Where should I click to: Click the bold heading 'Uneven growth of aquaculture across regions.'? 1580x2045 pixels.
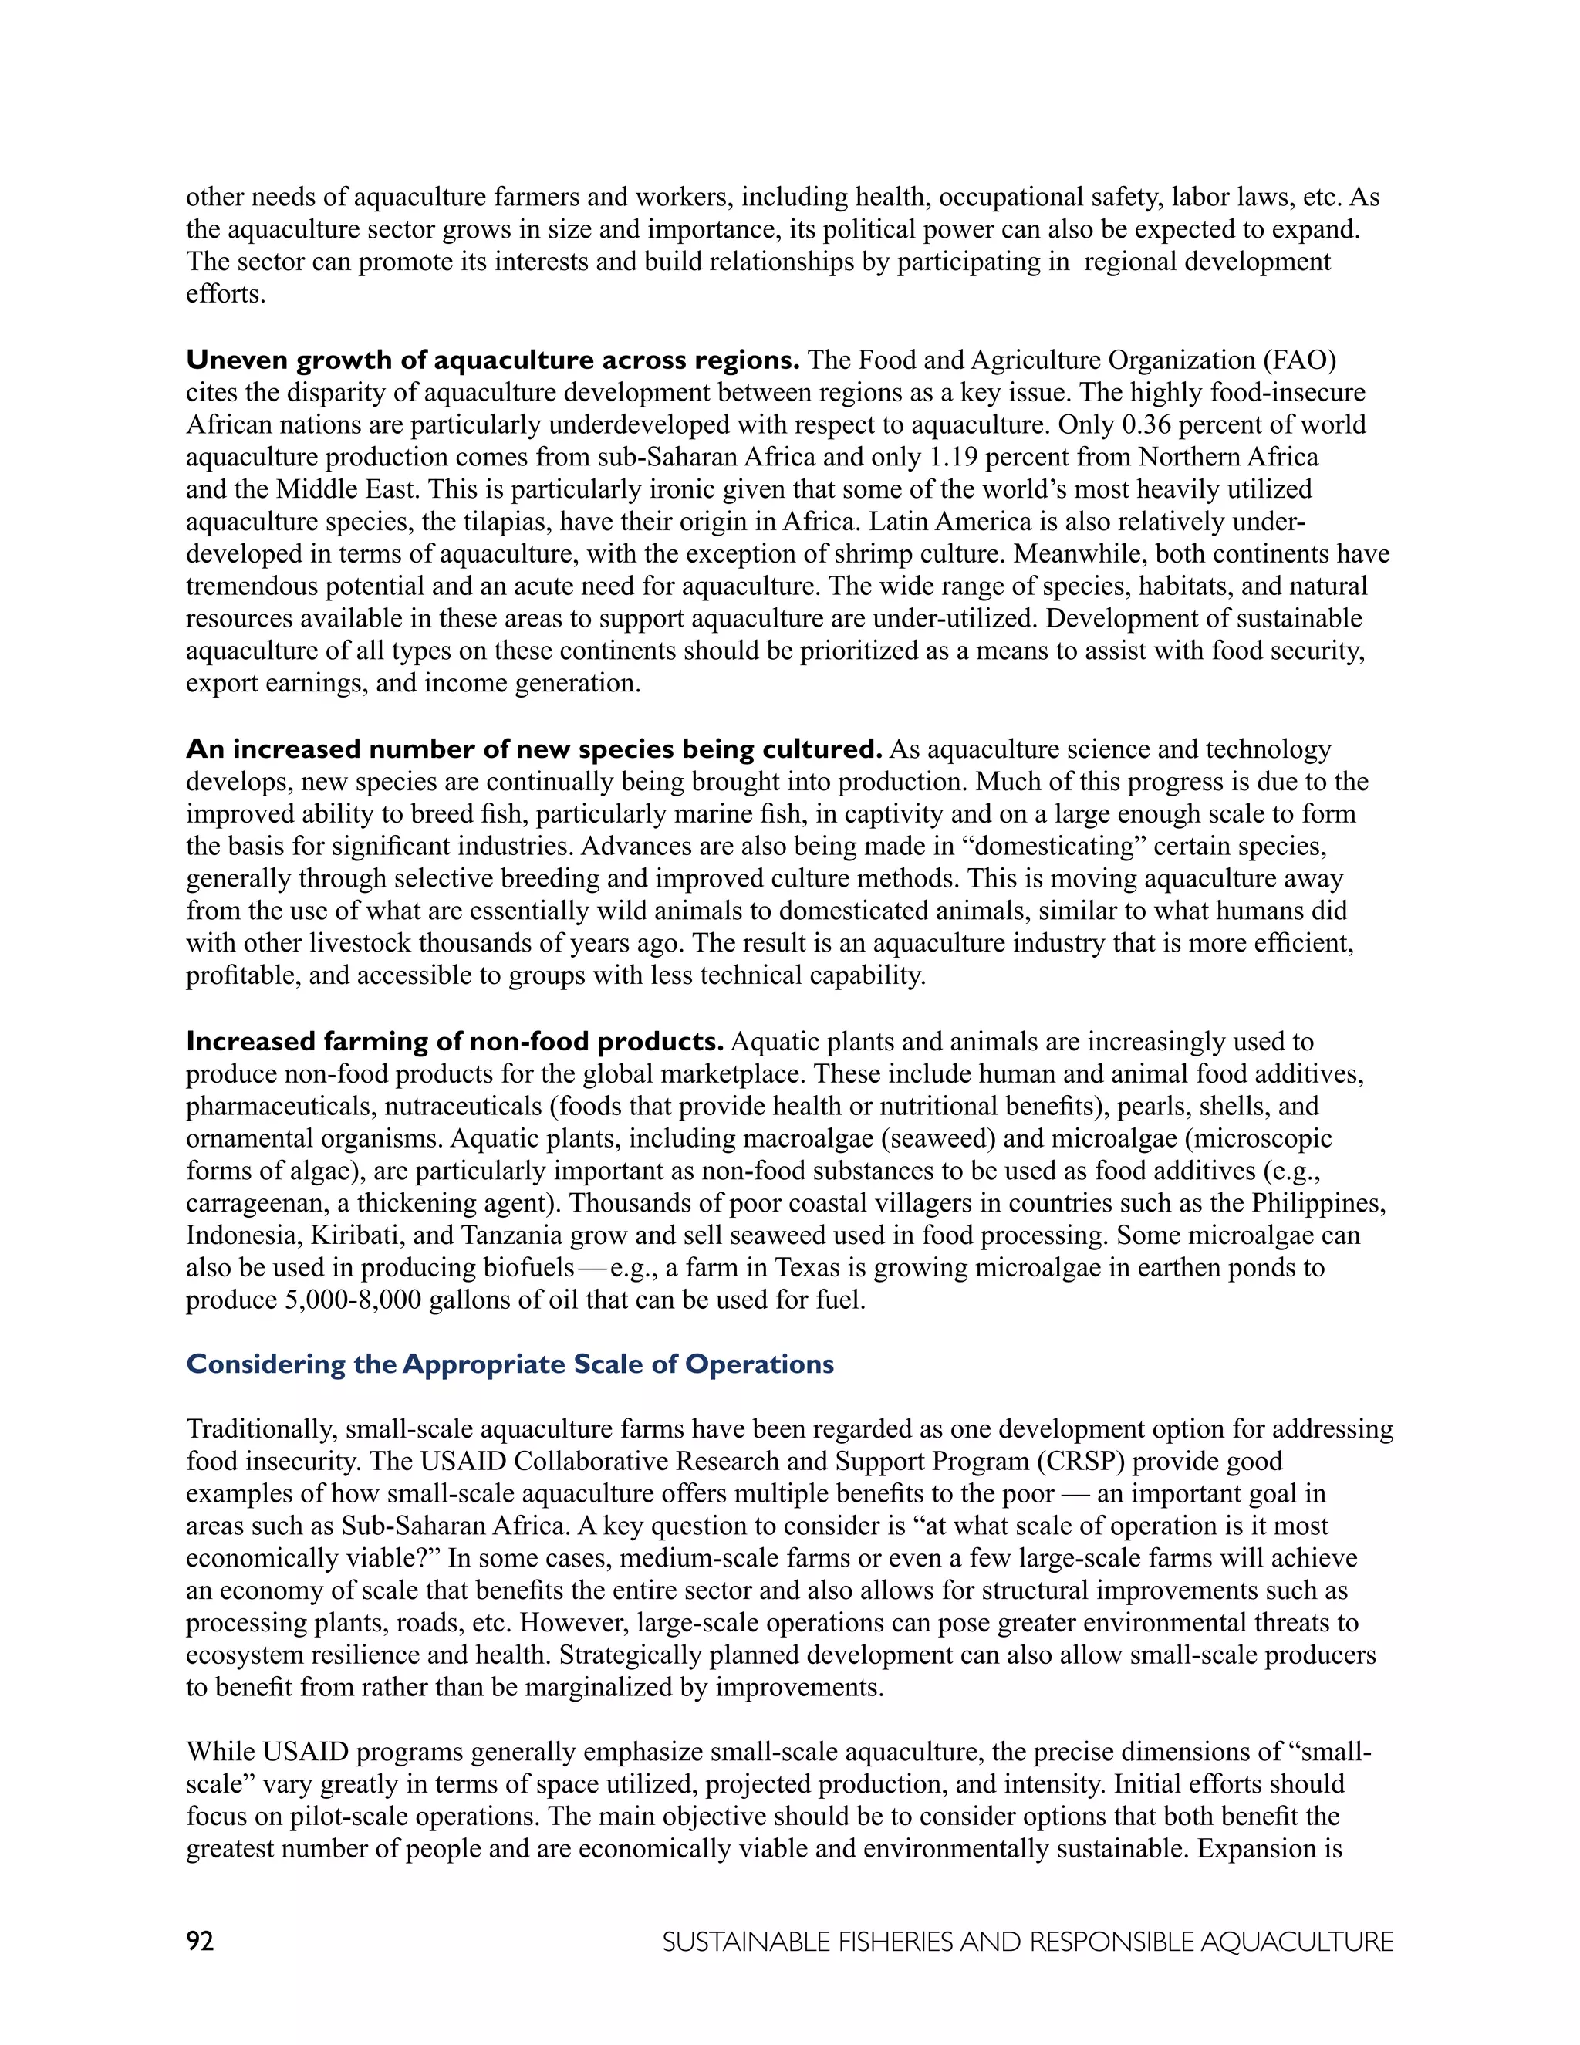click(x=492, y=360)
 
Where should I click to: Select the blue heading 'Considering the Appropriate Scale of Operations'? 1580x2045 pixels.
click(x=510, y=1364)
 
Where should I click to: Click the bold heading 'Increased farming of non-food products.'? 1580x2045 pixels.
click(x=455, y=1041)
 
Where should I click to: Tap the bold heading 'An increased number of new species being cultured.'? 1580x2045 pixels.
click(x=534, y=749)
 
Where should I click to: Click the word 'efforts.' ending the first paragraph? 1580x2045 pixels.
click(x=225, y=294)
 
